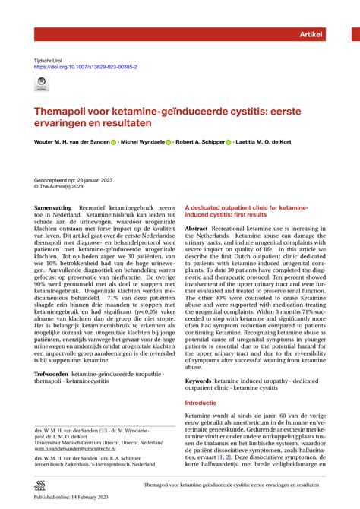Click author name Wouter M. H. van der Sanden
(74, 141)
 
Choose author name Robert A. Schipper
(201, 141)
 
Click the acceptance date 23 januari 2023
(99, 171)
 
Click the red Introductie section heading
(207, 403)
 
